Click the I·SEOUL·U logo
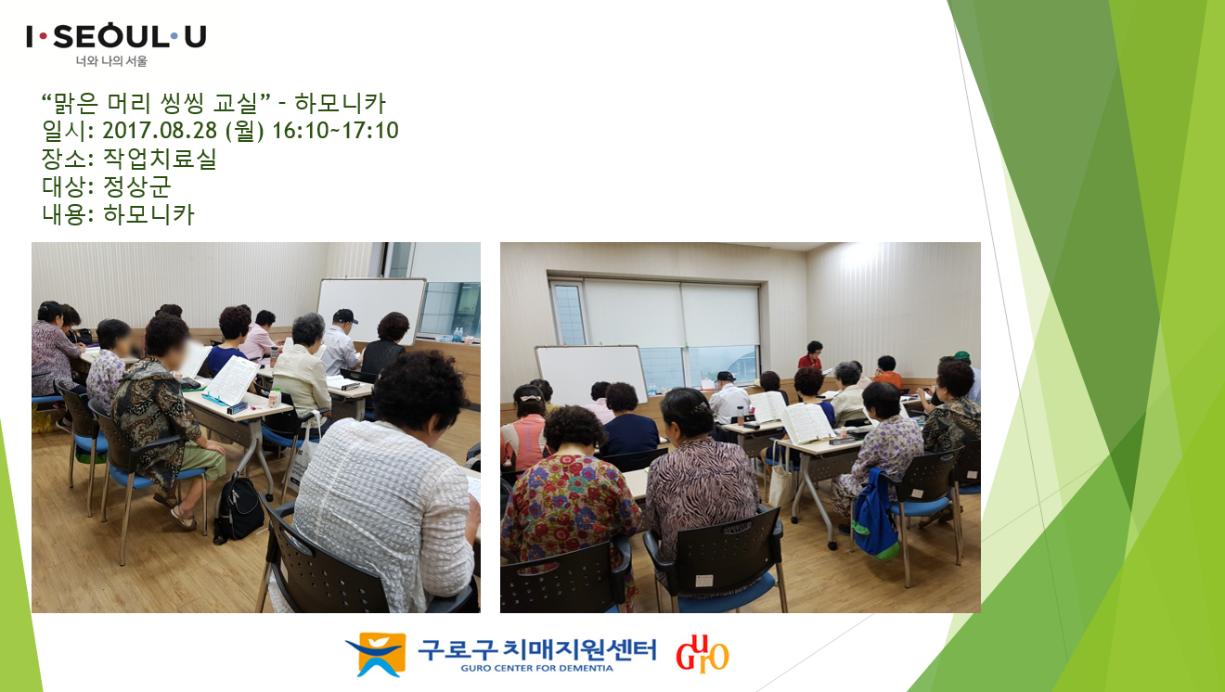116,36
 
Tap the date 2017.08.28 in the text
160,131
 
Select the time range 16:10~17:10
335,131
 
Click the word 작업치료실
160,159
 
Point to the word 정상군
136,186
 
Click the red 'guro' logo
703,654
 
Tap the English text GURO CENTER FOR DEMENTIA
536,668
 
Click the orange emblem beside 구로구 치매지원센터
376,654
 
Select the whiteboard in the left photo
371,310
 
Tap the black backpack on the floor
239,508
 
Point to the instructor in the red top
811,355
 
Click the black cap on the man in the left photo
344,315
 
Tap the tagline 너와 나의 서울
111,61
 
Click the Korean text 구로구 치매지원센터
536,649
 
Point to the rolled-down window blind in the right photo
672,313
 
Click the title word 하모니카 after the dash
341,103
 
